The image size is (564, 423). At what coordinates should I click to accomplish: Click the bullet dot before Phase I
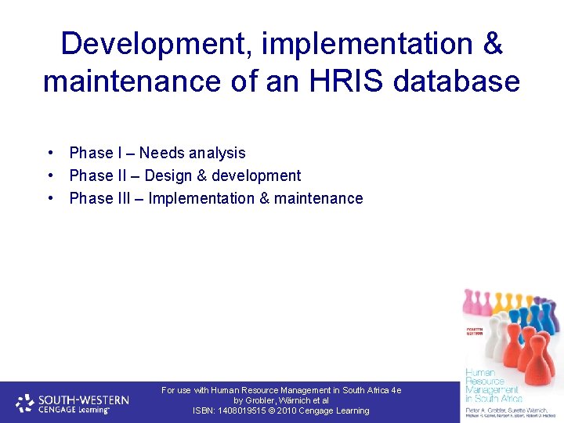click(49, 153)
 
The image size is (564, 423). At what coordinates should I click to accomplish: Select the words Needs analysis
click(193, 153)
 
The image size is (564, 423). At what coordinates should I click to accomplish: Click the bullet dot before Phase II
click(49, 175)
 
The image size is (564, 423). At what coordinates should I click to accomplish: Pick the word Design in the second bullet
click(169, 175)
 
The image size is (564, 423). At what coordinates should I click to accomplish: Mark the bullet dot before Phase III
click(49, 198)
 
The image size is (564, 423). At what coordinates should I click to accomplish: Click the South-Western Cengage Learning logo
click(72, 403)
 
